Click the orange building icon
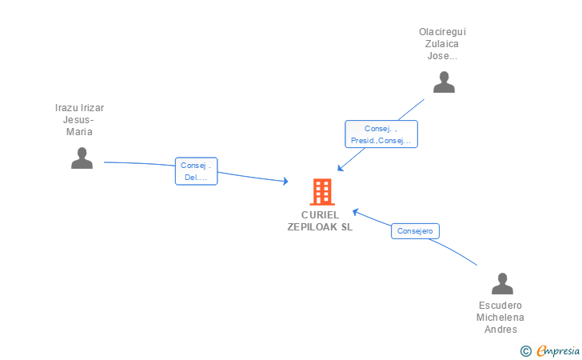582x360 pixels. click(322, 192)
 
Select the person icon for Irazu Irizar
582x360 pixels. click(82, 158)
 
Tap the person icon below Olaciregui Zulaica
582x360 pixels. click(444, 82)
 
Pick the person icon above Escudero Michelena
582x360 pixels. click(502, 283)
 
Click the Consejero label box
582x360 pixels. click(415, 231)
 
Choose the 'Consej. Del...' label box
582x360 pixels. click(197, 171)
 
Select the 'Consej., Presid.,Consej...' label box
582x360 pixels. click(381, 134)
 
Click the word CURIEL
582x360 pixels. click(320, 215)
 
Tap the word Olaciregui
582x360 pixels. click(442, 32)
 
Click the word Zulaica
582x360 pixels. click(441, 44)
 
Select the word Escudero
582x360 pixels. click(500, 306)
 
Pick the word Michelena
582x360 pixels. click(500, 318)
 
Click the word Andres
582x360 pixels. click(500, 329)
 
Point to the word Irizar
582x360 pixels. click(91, 108)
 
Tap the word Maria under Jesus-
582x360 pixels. click(79, 131)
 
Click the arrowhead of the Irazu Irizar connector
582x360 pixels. click(286, 181)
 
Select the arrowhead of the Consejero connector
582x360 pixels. click(355, 212)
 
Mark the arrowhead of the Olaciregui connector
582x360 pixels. click(340, 168)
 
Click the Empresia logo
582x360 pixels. click(550, 350)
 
